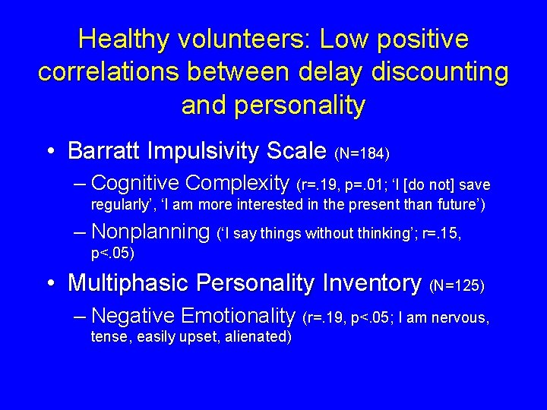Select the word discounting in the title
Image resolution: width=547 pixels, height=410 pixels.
pos(444,72)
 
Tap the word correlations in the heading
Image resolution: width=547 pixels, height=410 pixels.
pos(102,72)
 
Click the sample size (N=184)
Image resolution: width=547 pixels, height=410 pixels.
pos(362,154)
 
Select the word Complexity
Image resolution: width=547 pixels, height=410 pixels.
pos(238,184)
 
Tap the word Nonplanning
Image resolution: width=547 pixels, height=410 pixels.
pos(150,232)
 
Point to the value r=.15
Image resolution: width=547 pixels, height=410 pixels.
pos(442,235)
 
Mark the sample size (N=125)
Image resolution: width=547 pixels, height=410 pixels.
pos(457,286)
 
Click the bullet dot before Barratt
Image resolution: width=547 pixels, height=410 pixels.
pos(51,152)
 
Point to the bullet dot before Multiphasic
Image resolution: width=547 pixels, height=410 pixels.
pos(51,284)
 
